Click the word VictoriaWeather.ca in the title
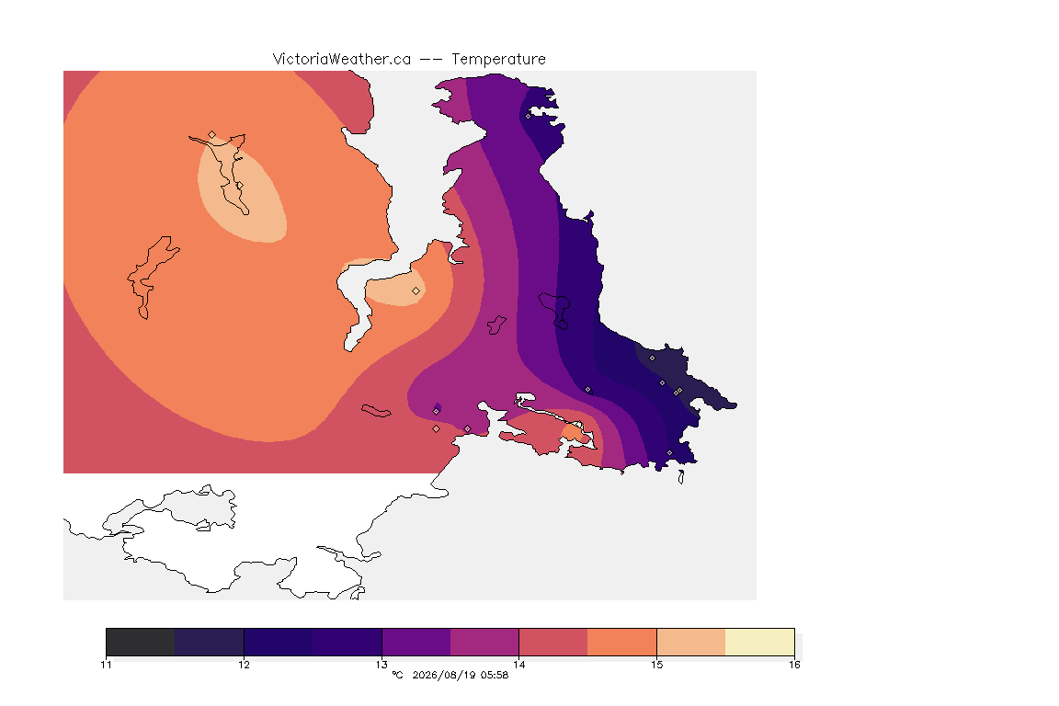(342, 60)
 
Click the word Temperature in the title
(498, 60)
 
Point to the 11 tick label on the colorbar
(106, 665)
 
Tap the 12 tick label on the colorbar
(244, 665)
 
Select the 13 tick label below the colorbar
(381, 665)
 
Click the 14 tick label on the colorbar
(518, 665)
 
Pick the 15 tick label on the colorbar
(656, 665)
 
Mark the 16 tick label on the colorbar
(794, 665)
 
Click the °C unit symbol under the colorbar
(397, 674)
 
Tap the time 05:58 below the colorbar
(495, 675)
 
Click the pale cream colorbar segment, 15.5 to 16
(760, 642)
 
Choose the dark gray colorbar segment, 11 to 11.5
(141, 642)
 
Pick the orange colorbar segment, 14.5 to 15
(622, 642)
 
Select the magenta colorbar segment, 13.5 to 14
(484, 642)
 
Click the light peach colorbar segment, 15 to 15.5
(691, 642)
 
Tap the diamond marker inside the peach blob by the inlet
(416, 291)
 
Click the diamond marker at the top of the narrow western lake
(212, 135)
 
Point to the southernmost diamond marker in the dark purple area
(670, 452)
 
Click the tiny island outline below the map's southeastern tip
(681, 478)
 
